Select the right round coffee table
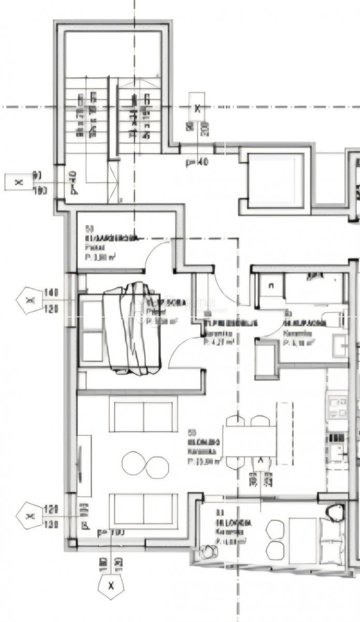pyautogui.click(x=157, y=467)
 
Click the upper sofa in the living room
pyautogui.click(x=143, y=414)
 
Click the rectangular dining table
pyautogui.click(x=250, y=441)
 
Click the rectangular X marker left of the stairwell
pyautogui.click(x=19, y=182)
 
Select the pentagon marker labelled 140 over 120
pyautogui.click(x=30, y=300)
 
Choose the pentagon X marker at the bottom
pyautogui.click(x=111, y=586)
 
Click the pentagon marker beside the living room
pyautogui.click(x=30, y=516)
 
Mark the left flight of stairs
pyautogui.click(x=87, y=116)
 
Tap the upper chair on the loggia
pyautogui.click(x=275, y=530)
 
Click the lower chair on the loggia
pyautogui.click(x=275, y=550)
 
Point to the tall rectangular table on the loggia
pyautogui.click(x=303, y=540)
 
